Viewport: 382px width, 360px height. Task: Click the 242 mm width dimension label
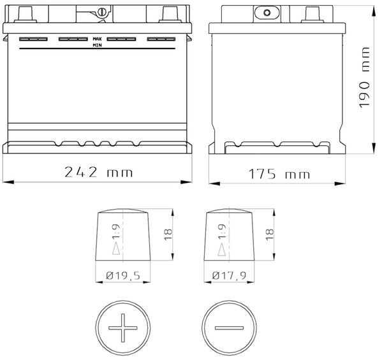tap(99, 172)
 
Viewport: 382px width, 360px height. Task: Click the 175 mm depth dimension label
tap(279, 174)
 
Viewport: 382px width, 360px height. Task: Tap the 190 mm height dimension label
tap(364, 77)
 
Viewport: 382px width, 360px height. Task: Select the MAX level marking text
tap(97, 39)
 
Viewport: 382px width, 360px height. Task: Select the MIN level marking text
tap(97, 45)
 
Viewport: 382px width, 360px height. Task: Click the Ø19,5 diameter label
tap(123, 275)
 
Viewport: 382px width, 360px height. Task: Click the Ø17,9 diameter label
tap(229, 275)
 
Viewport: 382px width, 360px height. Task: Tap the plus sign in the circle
tap(123, 328)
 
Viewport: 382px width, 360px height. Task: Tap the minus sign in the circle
tap(229, 328)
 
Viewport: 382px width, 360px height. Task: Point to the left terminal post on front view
tap(26, 14)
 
